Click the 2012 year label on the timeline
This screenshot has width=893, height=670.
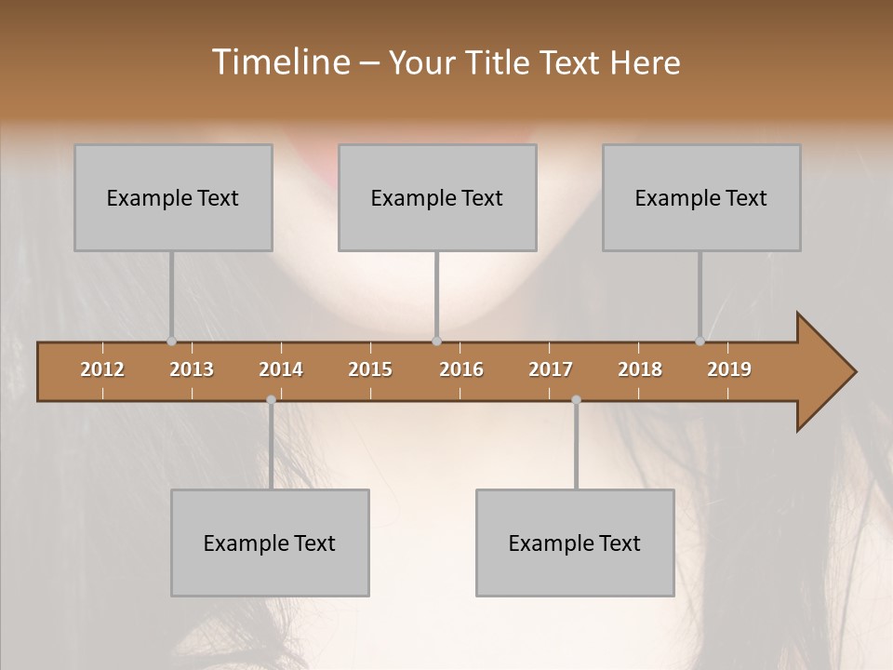tap(102, 369)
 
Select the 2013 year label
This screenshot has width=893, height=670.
tap(192, 369)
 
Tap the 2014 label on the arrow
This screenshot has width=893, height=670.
tap(281, 369)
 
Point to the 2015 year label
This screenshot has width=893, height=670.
tap(370, 369)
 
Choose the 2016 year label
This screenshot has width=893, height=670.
tap(461, 369)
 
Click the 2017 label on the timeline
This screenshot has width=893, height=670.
tap(551, 369)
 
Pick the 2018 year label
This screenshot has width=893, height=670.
tap(640, 369)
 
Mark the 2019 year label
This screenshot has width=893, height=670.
tap(729, 369)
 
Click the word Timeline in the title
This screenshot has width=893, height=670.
tap(278, 62)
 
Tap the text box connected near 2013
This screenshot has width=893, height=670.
tap(173, 197)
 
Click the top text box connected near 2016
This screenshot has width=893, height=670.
tap(437, 197)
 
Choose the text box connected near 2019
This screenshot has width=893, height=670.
tap(701, 197)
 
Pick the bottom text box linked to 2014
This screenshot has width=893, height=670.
tap(270, 543)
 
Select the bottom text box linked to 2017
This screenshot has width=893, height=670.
tap(575, 543)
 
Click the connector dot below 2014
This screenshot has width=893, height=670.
tap(271, 400)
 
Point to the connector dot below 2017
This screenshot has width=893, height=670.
tap(576, 400)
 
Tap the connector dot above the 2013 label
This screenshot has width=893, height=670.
tap(171, 341)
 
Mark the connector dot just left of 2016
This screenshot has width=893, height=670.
tap(436, 341)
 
